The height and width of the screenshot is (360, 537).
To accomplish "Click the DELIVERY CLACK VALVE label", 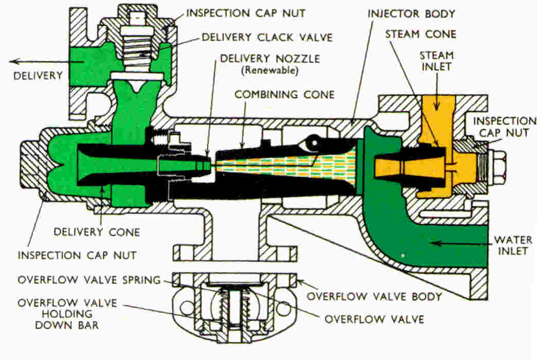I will (x=267, y=37).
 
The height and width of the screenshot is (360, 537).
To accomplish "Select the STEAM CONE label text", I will (x=420, y=34).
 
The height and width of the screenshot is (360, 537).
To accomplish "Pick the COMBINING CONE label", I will (x=284, y=95).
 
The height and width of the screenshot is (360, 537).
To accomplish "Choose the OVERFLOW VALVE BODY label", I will (x=374, y=296).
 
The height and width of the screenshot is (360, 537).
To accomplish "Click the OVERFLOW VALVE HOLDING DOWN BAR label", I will (x=56, y=313).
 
